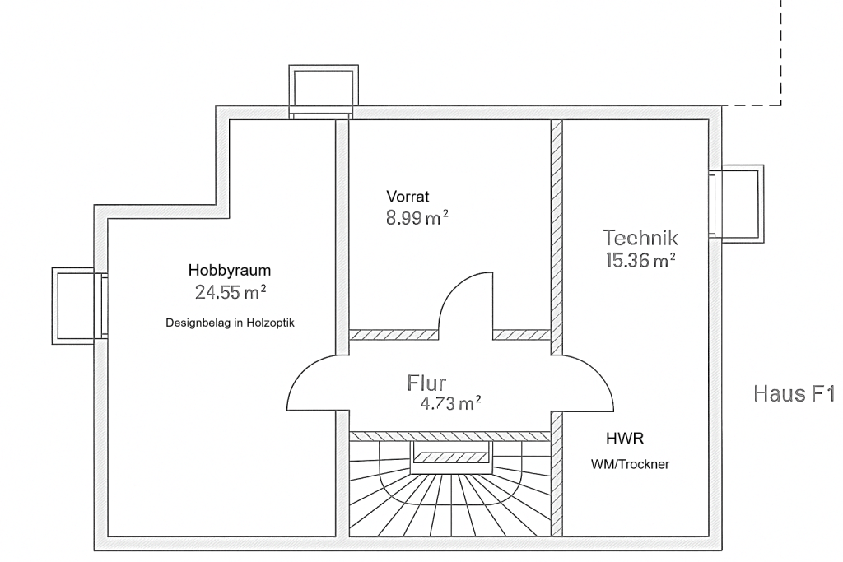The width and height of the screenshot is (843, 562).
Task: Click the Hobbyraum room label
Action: pyautogui.click(x=230, y=270)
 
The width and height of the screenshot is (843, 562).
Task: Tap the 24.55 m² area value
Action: pyautogui.click(x=230, y=291)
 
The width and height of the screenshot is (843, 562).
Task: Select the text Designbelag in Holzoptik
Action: pyautogui.click(x=230, y=323)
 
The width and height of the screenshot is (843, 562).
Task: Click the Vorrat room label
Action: pyautogui.click(x=408, y=197)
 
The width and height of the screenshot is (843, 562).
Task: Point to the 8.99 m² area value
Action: pyautogui.click(x=417, y=218)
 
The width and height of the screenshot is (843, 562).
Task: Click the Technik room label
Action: pyautogui.click(x=640, y=238)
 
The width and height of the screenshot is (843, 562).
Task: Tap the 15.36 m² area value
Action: pyautogui.click(x=640, y=261)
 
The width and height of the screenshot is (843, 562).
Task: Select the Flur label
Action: pyautogui.click(x=426, y=383)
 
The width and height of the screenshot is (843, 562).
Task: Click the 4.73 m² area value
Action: pyautogui.click(x=449, y=403)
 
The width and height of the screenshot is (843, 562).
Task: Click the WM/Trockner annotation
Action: pyautogui.click(x=631, y=464)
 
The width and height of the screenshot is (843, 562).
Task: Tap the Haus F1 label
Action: pyautogui.click(x=794, y=393)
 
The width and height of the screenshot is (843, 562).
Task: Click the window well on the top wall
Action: pyautogui.click(x=324, y=89)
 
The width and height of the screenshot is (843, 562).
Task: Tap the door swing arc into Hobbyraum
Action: pyautogui.click(x=309, y=379)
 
